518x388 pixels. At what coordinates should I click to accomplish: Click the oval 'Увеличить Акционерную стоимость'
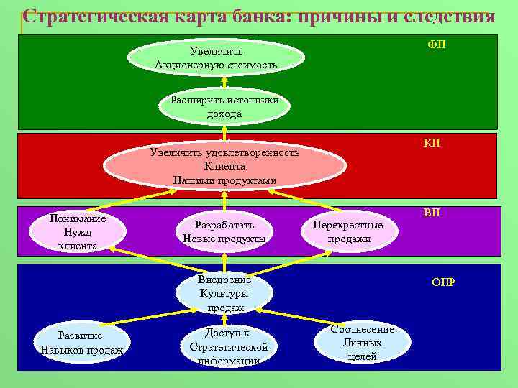[216, 58]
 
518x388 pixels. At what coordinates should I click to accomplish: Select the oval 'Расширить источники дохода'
[224, 107]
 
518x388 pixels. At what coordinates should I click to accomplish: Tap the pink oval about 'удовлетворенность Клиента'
[224, 166]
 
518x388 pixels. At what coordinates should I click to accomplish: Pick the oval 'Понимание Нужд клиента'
[78, 232]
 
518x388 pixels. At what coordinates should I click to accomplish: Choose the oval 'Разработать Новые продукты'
[224, 231]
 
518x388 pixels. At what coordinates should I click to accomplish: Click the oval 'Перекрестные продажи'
[349, 231]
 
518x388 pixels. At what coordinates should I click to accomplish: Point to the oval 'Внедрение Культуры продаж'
[224, 293]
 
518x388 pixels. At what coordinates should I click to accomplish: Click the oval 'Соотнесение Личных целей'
[362, 341]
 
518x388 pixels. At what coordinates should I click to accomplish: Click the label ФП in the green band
[436, 45]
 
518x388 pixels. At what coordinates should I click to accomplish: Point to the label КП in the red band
[432, 144]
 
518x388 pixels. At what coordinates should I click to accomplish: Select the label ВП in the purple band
[432, 213]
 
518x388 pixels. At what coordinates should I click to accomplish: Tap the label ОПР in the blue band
[443, 282]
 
